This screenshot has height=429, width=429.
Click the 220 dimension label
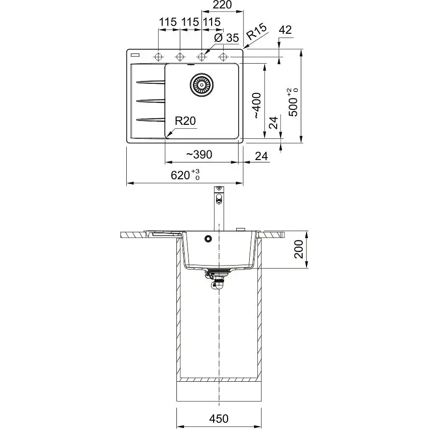click(x=222, y=5)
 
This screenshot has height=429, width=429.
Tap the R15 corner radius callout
click(x=256, y=31)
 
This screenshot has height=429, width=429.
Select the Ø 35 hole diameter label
click(x=227, y=38)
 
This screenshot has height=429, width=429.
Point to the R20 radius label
click(x=185, y=121)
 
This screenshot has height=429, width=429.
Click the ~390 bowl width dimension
click(x=199, y=155)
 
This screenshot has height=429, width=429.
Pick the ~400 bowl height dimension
click(x=256, y=106)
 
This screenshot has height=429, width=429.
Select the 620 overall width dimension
click(x=185, y=175)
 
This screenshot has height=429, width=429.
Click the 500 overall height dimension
click(x=293, y=103)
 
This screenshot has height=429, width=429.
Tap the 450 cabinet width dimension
click(x=219, y=418)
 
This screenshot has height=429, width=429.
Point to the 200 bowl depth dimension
click(x=298, y=249)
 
